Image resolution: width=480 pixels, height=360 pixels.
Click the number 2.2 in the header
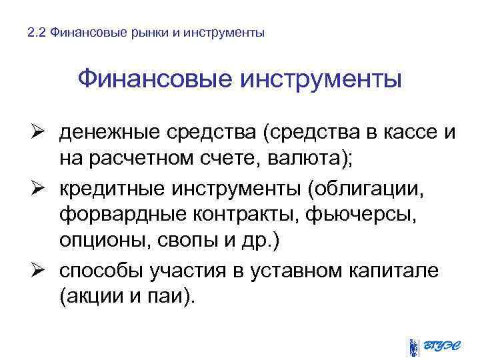(37, 32)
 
